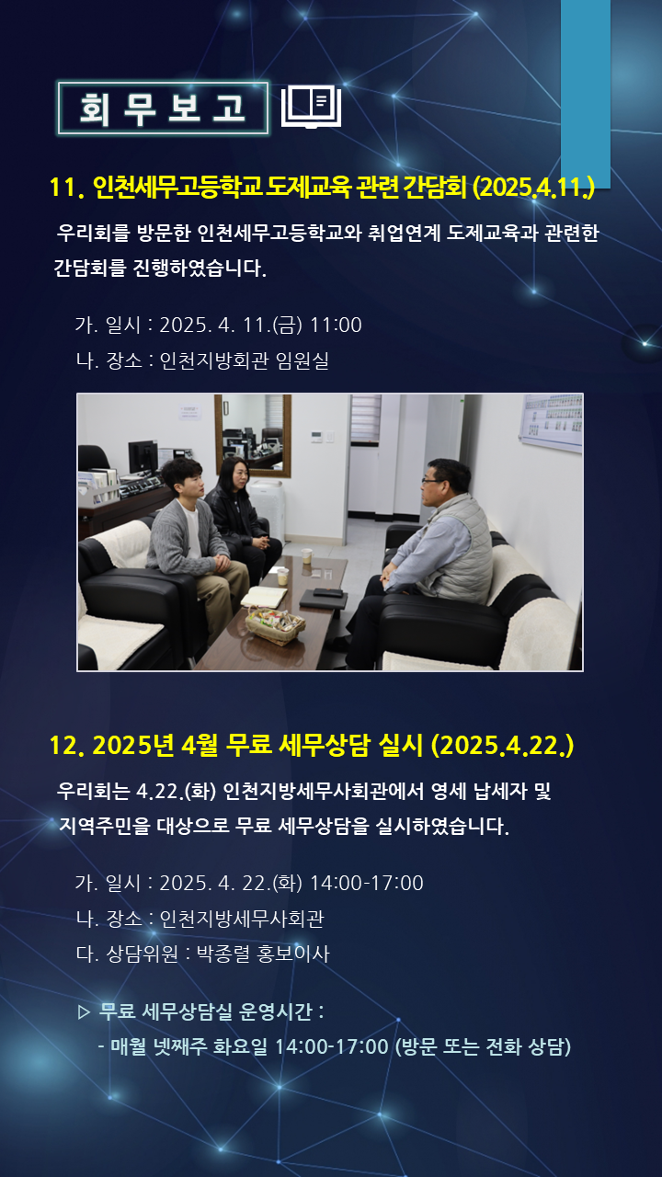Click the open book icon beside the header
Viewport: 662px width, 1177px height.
coord(311,108)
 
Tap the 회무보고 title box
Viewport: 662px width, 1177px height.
coord(163,109)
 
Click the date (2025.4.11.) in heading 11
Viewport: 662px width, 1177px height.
coord(534,187)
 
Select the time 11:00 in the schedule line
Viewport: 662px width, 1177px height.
coord(336,325)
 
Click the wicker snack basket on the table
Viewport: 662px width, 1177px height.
coord(275,624)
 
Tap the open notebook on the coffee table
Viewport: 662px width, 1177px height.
coord(264,597)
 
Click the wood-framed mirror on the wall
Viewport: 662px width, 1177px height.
coord(253,435)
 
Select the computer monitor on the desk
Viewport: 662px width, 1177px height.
coord(143,456)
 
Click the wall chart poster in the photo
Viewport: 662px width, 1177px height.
coord(551,422)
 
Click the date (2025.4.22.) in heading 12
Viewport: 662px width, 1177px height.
coord(502,745)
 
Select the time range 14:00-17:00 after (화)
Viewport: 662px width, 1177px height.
coord(367,883)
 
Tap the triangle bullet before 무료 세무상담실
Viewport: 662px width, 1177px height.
coord(84,1012)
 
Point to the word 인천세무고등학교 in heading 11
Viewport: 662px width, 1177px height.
coord(177,187)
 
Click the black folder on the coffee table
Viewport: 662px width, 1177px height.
coord(323,598)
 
